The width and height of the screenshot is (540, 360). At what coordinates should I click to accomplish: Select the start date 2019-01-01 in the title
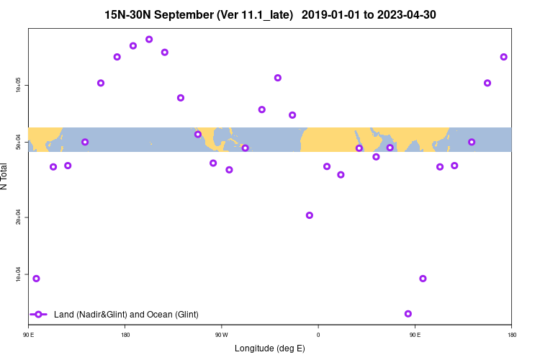[334, 14]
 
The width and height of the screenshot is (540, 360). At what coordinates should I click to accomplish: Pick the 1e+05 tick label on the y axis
[18, 86]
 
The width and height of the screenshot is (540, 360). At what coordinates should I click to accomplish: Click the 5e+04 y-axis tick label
[18, 144]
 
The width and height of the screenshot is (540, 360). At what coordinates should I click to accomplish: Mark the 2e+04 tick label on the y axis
[18, 218]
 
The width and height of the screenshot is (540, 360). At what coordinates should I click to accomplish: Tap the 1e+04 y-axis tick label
[18, 276]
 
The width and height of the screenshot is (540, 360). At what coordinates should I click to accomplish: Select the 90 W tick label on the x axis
[221, 334]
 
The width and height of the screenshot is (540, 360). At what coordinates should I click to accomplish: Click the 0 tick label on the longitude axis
[318, 334]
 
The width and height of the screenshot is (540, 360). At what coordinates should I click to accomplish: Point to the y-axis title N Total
[5, 176]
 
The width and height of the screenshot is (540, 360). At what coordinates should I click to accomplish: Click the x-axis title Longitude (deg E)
[270, 348]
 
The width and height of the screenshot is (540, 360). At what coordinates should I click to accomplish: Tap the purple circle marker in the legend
[39, 315]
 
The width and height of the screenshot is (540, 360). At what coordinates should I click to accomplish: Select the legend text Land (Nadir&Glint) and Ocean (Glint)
[126, 315]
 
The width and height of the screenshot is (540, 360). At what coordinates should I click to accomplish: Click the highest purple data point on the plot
[149, 40]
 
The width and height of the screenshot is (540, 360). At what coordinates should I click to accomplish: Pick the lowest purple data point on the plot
[408, 314]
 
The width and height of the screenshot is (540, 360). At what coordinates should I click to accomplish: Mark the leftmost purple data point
[36, 279]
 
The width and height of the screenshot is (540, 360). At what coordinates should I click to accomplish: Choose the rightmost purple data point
[504, 57]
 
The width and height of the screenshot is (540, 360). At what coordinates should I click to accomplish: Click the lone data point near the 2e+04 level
[310, 215]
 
